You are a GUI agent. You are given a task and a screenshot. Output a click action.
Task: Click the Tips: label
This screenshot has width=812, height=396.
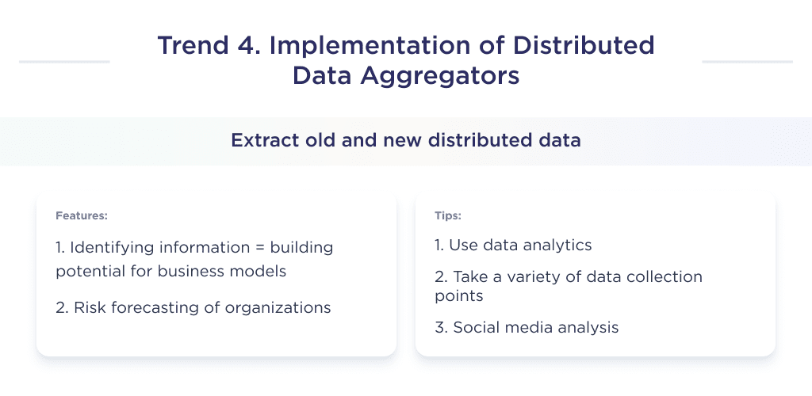(448, 215)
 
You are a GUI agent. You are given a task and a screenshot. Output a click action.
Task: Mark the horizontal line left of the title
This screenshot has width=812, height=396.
(63, 61)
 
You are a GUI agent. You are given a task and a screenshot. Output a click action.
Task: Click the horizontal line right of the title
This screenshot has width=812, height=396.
(747, 61)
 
